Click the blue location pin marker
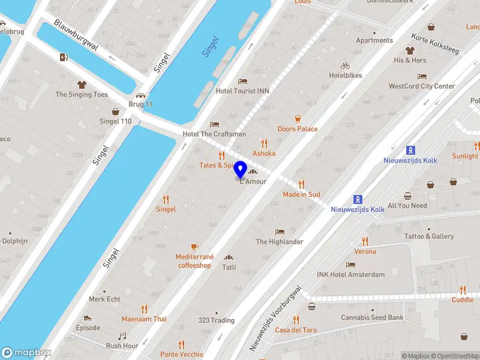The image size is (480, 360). [241, 170]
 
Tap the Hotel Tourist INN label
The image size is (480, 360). [242, 91]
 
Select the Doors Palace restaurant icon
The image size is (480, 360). [298, 119]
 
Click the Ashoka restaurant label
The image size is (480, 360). [264, 153]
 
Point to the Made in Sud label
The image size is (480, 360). [301, 194]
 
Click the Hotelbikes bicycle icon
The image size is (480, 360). [345, 65]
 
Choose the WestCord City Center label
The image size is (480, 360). [422, 86]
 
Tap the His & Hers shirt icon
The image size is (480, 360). [410, 50]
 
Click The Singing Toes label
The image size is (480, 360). [82, 94]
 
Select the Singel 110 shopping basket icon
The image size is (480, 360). [115, 111]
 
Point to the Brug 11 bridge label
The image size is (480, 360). [140, 104]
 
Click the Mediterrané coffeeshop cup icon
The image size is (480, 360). [194, 247]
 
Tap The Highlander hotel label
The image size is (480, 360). [280, 242]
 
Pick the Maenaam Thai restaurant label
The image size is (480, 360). [144, 319]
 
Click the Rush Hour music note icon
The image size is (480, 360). [122, 336]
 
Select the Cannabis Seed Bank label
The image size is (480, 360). [372, 317]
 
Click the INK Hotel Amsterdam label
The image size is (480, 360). [350, 275]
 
